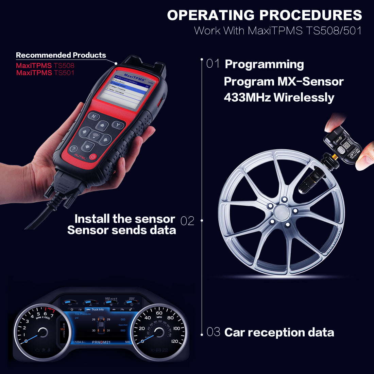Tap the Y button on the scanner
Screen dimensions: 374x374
[118, 125]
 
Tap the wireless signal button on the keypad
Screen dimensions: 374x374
[95, 136]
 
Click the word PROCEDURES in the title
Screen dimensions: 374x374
[311, 15]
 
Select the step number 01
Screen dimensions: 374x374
[213, 64]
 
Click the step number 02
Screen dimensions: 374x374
[187, 221]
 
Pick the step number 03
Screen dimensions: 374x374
[214, 332]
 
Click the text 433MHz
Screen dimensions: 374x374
[247, 98]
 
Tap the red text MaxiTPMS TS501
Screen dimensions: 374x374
[45, 73]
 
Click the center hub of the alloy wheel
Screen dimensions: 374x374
[282, 212]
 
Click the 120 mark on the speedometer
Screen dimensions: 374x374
[174, 341]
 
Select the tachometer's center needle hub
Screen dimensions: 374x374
[43, 332]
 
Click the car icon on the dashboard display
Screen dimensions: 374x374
[101, 325]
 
